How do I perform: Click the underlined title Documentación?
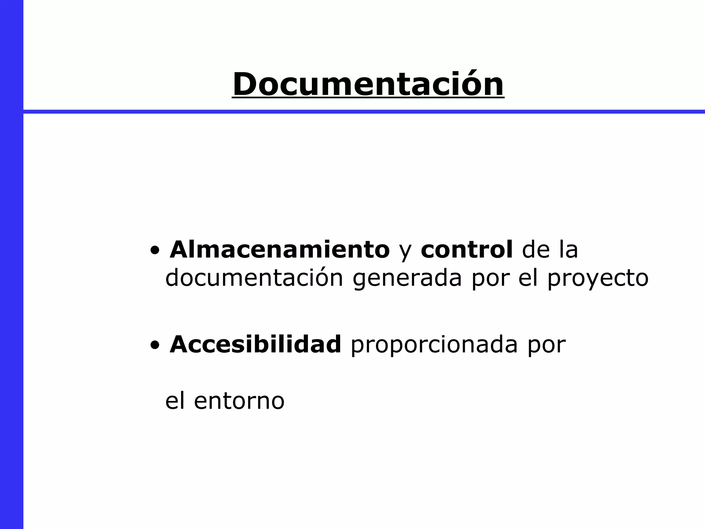pos(368,84)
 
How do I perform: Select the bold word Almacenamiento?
pos(280,249)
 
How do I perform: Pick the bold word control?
pos(466,249)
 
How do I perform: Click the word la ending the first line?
pos(568,249)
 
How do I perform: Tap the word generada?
pos(407,278)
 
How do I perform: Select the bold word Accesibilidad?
pos(255,344)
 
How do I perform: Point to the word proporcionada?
pos(434,345)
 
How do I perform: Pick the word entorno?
pos(239,401)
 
